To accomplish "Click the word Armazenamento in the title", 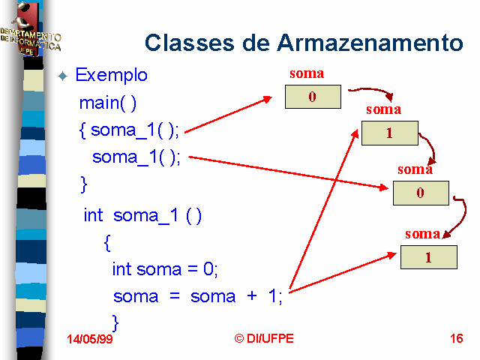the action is coord(370,43).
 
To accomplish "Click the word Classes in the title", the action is coord(190,43).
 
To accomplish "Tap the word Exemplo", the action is coord(112,75).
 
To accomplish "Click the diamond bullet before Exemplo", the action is coord(63,76).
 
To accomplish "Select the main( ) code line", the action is coord(108,103).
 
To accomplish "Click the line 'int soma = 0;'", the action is coord(165,269).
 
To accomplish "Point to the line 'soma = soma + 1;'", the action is coord(198,296).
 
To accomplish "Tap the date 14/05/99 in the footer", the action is coord(90,339).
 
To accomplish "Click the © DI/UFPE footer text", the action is coord(264,338).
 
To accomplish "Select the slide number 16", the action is coord(457,338).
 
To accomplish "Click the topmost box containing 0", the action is coord(313,97).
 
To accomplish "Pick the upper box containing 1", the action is coord(390,133).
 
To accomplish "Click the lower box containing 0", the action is coord(421,193).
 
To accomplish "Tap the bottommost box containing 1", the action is coord(428,257).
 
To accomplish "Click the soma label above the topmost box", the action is coord(307,73).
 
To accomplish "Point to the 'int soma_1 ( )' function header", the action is coord(142,216).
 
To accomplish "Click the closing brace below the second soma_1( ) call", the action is coord(83,184).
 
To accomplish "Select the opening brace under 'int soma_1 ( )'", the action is coord(107,243).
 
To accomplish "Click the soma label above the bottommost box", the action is coord(422,234).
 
